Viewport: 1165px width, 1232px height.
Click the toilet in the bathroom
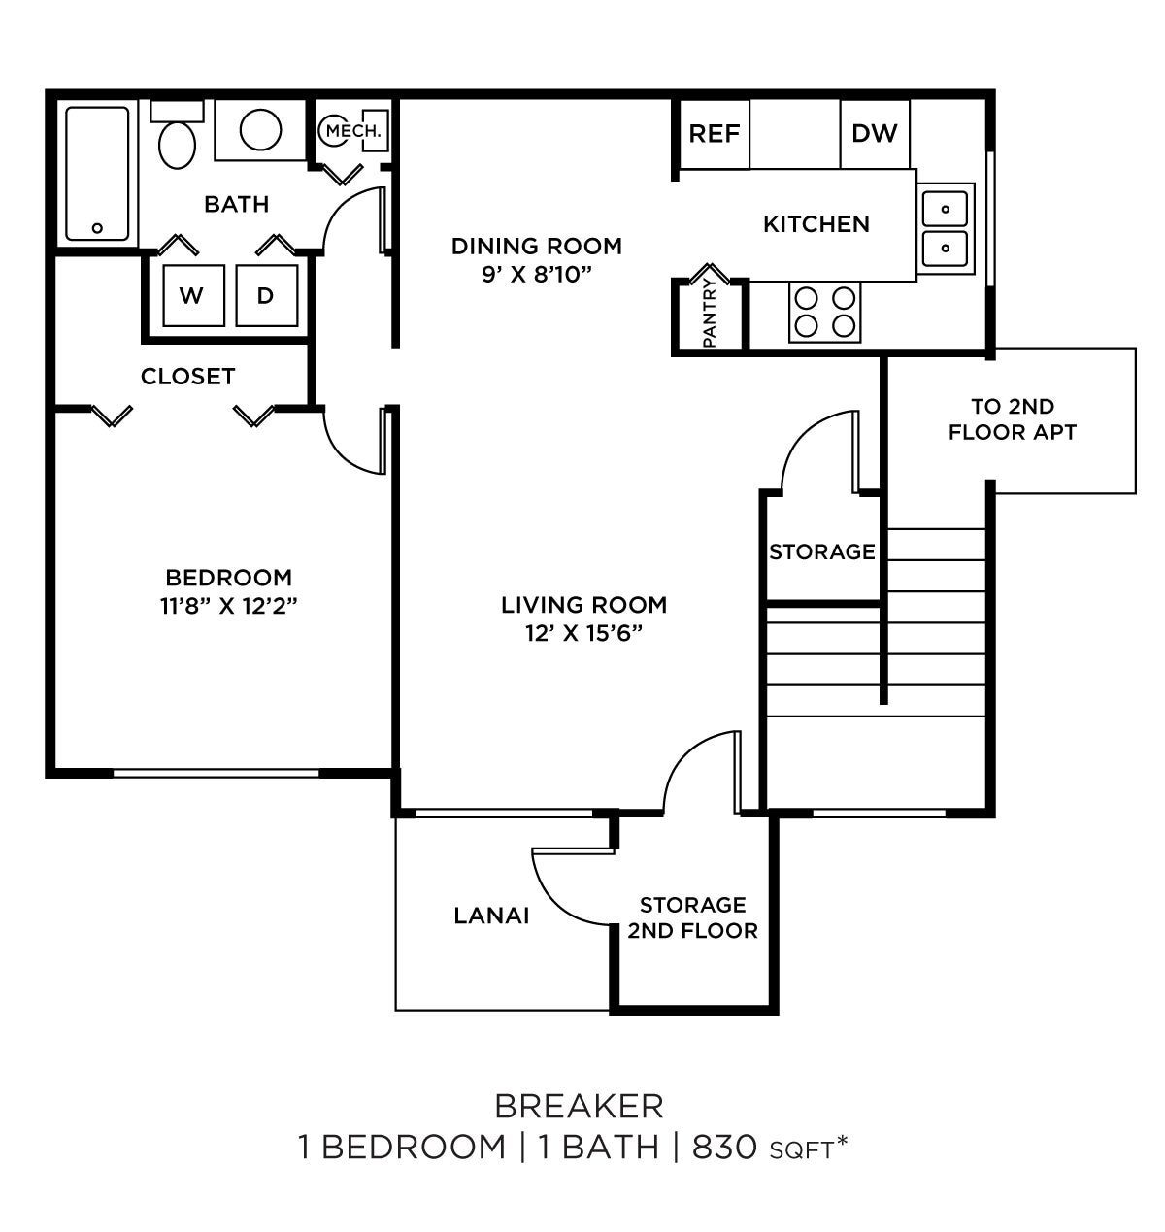tap(176, 140)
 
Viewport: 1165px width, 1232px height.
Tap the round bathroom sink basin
tap(260, 129)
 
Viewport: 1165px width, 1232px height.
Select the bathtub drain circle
tap(97, 228)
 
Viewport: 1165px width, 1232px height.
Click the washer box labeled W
tap(192, 296)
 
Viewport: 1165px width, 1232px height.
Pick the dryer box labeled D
tap(265, 296)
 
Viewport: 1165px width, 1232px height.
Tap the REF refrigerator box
tap(714, 134)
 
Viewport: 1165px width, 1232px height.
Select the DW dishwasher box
tap(875, 134)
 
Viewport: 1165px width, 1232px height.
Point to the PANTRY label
tap(709, 313)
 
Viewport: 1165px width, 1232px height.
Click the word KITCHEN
tap(815, 224)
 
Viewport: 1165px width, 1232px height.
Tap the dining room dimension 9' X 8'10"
tap(536, 273)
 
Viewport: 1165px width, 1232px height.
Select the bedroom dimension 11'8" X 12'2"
tap(229, 605)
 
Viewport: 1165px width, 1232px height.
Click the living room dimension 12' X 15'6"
tap(583, 632)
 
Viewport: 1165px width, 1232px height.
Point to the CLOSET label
tap(187, 377)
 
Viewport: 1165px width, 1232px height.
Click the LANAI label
tap(491, 916)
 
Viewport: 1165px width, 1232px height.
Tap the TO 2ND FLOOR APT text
tap(1013, 419)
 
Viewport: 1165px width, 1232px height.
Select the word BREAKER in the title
tap(580, 1106)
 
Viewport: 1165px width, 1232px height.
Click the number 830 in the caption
tap(723, 1148)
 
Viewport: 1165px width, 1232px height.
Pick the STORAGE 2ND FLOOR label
tap(692, 917)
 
